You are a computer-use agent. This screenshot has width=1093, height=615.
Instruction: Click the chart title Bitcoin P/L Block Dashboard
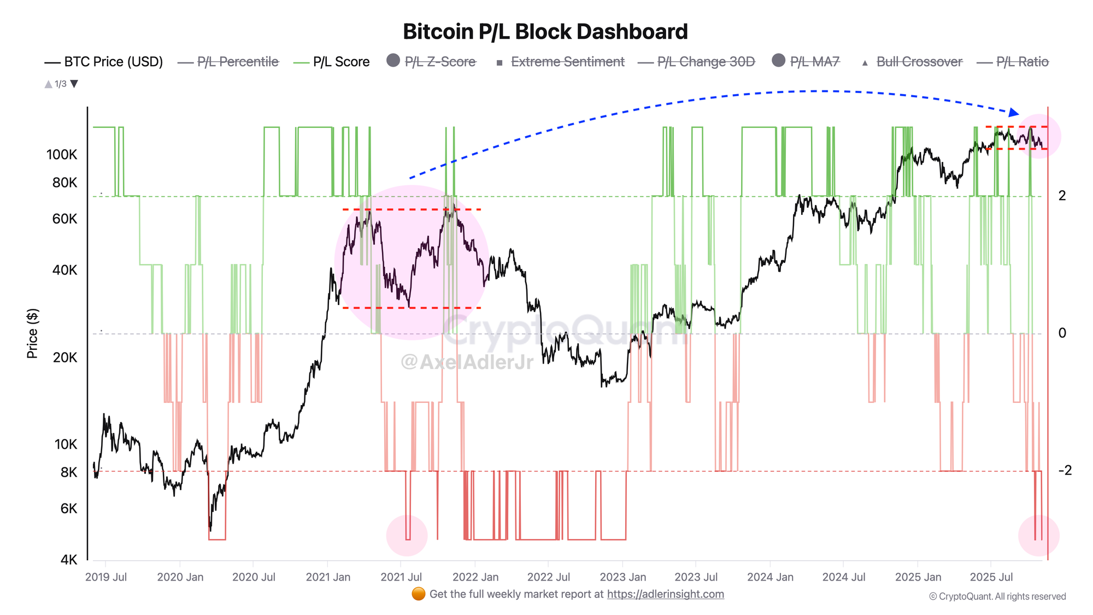tap(545, 32)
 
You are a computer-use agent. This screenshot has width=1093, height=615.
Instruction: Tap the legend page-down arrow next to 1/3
tap(74, 84)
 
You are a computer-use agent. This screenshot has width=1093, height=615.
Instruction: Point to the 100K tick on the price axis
tap(62, 155)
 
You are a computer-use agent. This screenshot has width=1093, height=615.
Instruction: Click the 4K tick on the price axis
tap(69, 560)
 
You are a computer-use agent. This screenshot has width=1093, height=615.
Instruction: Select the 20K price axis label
tap(65, 358)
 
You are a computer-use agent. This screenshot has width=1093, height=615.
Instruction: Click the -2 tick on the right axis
tap(1065, 470)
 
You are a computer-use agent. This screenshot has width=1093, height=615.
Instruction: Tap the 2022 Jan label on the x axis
tap(475, 577)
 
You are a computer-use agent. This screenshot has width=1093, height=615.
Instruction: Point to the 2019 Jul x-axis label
tap(106, 577)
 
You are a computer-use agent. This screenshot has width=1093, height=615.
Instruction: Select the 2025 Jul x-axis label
tap(991, 577)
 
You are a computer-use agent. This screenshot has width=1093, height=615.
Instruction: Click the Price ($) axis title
tap(32, 333)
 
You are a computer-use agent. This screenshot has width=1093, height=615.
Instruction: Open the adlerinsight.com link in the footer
tap(665, 594)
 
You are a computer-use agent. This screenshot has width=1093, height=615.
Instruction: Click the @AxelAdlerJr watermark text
tap(467, 361)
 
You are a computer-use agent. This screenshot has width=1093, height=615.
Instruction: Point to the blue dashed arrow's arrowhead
tap(1014, 113)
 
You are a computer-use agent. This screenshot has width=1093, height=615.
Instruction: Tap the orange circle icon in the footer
tap(419, 594)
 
